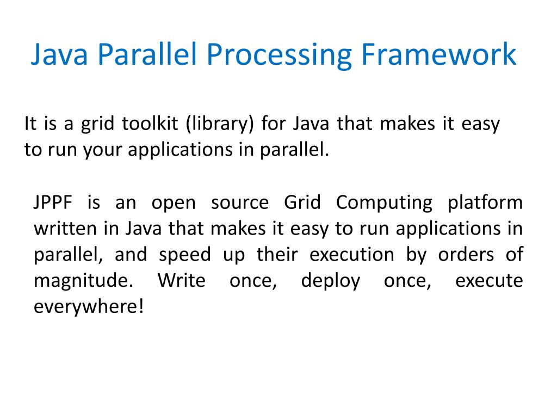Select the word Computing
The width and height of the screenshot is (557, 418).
(384, 203)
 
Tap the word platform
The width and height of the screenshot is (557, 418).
(485, 203)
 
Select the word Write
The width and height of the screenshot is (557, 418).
(181, 281)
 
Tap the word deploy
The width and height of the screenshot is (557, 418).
(330, 281)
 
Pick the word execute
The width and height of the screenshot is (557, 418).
(488, 281)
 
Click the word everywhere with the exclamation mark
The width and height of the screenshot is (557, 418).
(89, 308)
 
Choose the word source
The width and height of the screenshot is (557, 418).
(240, 203)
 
